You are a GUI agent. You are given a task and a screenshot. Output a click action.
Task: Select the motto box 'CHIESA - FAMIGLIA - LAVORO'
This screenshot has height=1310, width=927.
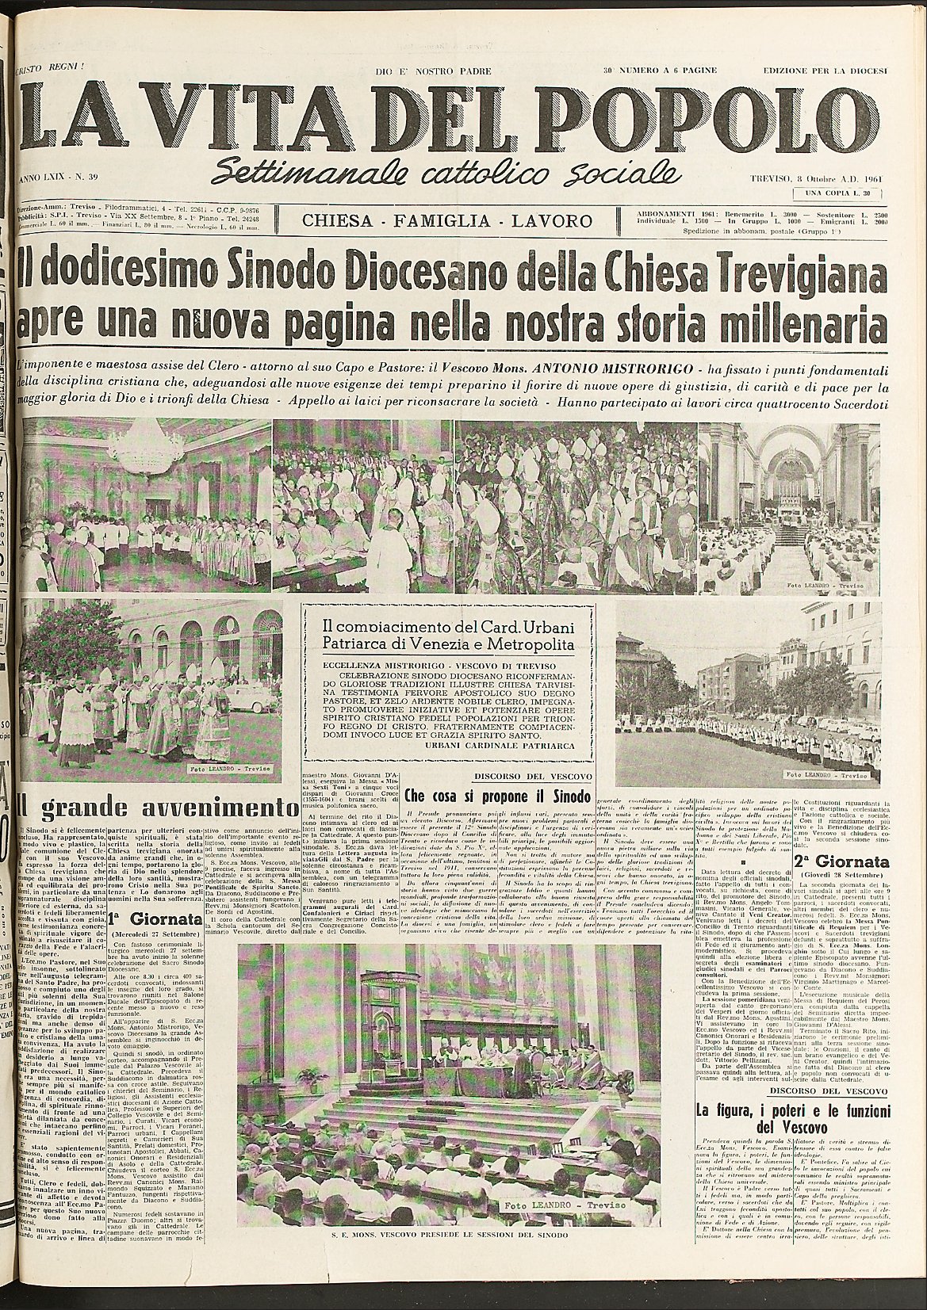point(447,221)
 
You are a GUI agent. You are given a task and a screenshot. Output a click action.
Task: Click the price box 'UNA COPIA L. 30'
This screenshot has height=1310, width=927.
point(838,193)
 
